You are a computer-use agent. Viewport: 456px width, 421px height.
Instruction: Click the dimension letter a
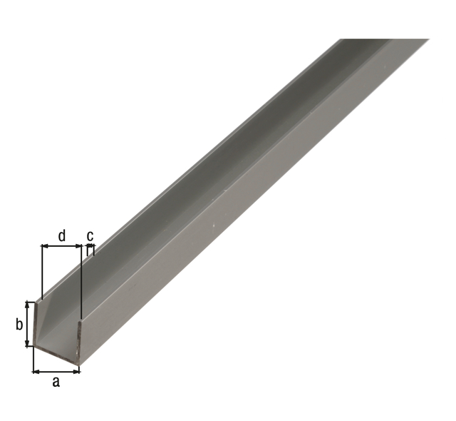click(x=56, y=382)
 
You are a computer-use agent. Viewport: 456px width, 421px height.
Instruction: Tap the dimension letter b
click(x=19, y=324)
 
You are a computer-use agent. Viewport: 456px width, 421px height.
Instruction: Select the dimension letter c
click(x=90, y=236)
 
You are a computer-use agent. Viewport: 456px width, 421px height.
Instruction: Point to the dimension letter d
click(x=62, y=236)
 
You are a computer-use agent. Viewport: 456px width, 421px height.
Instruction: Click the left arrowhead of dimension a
click(x=36, y=372)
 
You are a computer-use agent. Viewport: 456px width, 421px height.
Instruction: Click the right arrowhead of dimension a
click(x=76, y=372)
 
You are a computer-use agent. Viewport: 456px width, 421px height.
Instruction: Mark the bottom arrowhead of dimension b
click(x=28, y=343)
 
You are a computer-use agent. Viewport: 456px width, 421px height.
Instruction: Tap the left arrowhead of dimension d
click(x=45, y=246)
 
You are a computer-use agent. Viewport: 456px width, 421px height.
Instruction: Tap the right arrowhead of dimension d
click(x=78, y=246)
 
